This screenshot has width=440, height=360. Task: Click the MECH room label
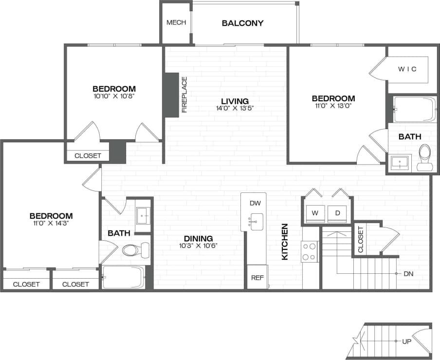[176, 22]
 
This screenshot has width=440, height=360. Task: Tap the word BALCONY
[242, 23]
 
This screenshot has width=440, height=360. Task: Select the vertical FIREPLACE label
[184, 95]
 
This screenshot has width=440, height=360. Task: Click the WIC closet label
[407, 69]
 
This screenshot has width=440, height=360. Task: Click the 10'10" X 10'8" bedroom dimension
[114, 96]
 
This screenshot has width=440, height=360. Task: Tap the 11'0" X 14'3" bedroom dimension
[51, 223]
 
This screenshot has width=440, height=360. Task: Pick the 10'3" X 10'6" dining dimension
[198, 246]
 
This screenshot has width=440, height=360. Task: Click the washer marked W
[315, 213]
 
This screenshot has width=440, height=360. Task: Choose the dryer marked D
[337, 213]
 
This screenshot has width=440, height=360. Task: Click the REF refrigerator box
[257, 278]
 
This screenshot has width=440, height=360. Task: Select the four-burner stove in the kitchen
[309, 252]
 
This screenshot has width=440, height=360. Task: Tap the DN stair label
[408, 274]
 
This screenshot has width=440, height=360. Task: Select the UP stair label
[406, 341]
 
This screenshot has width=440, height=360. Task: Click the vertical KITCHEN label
[285, 242]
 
